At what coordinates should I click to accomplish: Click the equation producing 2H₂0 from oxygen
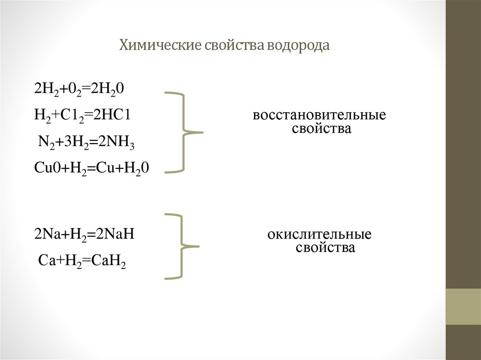(79, 89)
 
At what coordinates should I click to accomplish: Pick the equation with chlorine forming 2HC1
(81, 115)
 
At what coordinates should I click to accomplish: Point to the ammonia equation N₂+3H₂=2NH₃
(86, 143)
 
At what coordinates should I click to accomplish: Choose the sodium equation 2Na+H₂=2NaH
(85, 234)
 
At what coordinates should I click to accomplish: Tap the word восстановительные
(319, 115)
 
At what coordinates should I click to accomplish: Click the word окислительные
(320, 234)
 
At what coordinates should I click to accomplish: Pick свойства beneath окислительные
(325, 247)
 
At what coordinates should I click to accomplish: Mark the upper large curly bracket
(184, 132)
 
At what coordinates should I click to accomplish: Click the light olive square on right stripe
(463, 306)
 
